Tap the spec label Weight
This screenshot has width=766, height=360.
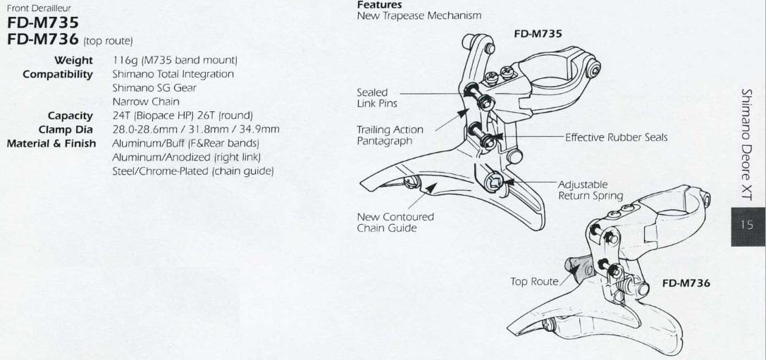tap(74, 62)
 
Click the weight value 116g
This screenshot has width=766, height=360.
tap(124, 62)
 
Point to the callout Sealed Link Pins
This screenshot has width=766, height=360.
tap(373, 97)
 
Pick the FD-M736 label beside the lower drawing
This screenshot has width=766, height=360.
tap(686, 283)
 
